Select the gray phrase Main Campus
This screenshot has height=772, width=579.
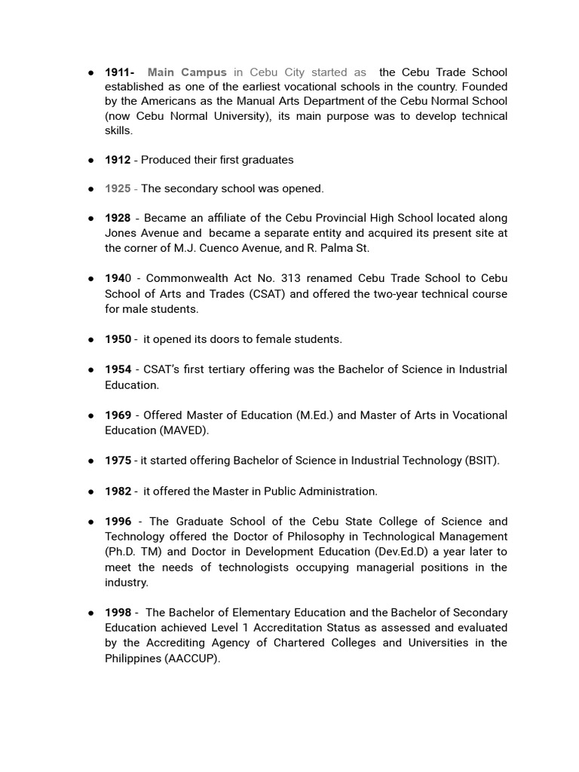click(x=186, y=72)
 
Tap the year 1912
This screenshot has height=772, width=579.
click(x=118, y=160)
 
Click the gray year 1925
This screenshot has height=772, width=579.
click(x=118, y=188)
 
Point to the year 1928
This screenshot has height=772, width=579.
click(x=118, y=218)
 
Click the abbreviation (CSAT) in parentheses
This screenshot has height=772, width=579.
click(x=268, y=294)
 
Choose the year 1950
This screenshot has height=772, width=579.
click(x=118, y=339)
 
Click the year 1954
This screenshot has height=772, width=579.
click(x=118, y=369)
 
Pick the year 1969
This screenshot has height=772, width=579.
click(x=118, y=415)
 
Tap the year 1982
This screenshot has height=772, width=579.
click(x=118, y=492)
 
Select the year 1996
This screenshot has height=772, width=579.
click(x=118, y=522)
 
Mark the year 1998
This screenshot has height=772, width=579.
click(x=118, y=613)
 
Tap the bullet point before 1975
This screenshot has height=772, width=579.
click(x=90, y=461)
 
